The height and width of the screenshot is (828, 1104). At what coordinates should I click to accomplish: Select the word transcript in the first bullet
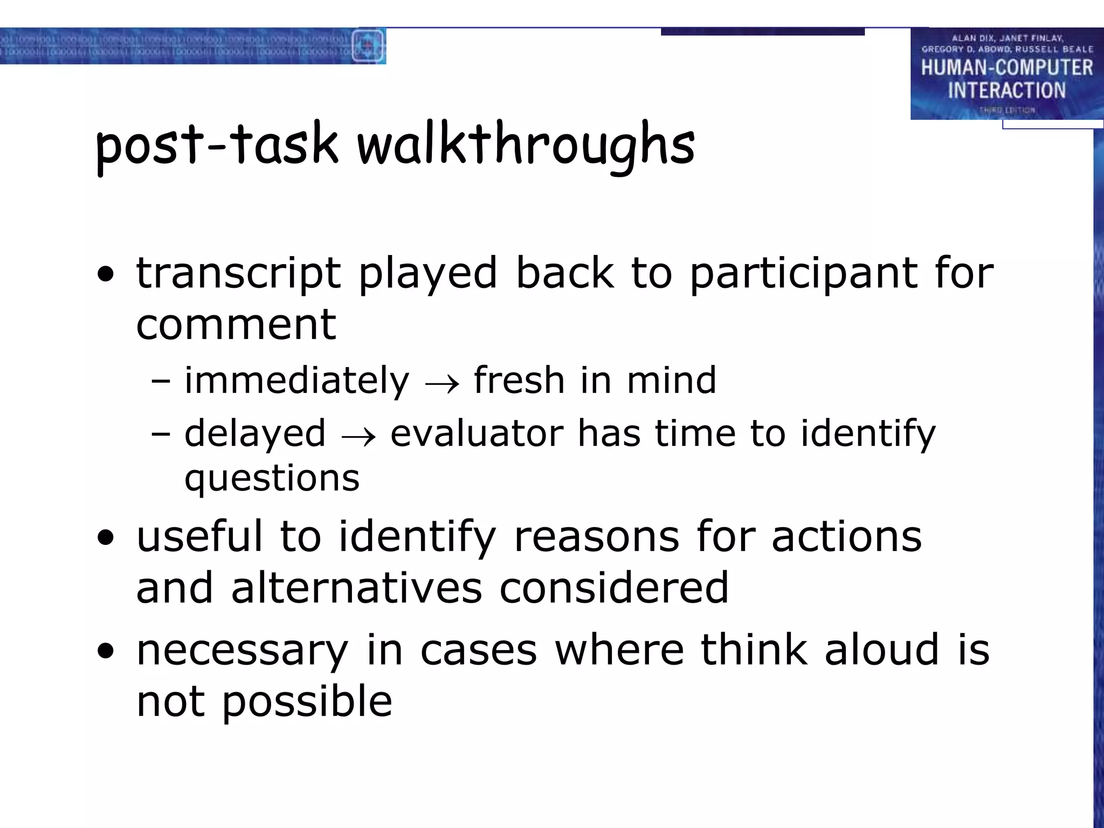[x=238, y=273]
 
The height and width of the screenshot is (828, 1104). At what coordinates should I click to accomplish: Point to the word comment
[x=236, y=325]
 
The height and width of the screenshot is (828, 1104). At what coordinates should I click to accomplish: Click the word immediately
[x=296, y=381]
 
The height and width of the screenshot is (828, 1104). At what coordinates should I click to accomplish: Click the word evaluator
[x=477, y=433]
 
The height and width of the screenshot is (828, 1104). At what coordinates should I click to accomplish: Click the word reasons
[x=596, y=537]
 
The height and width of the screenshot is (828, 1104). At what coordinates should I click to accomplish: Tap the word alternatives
[x=356, y=588]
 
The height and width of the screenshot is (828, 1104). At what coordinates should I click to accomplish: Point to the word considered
[x=613, y=588]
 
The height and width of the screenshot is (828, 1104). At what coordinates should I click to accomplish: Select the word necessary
[x=242, y=650]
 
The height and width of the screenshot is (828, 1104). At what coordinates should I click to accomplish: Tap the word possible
[x=307, y=701]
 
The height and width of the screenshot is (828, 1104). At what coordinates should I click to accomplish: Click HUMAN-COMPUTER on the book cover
[x=1006, y=68]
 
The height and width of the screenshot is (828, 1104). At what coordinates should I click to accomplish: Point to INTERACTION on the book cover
[x=1006, y=91]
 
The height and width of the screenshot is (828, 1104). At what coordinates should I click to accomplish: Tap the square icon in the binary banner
[x=368, y=45]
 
